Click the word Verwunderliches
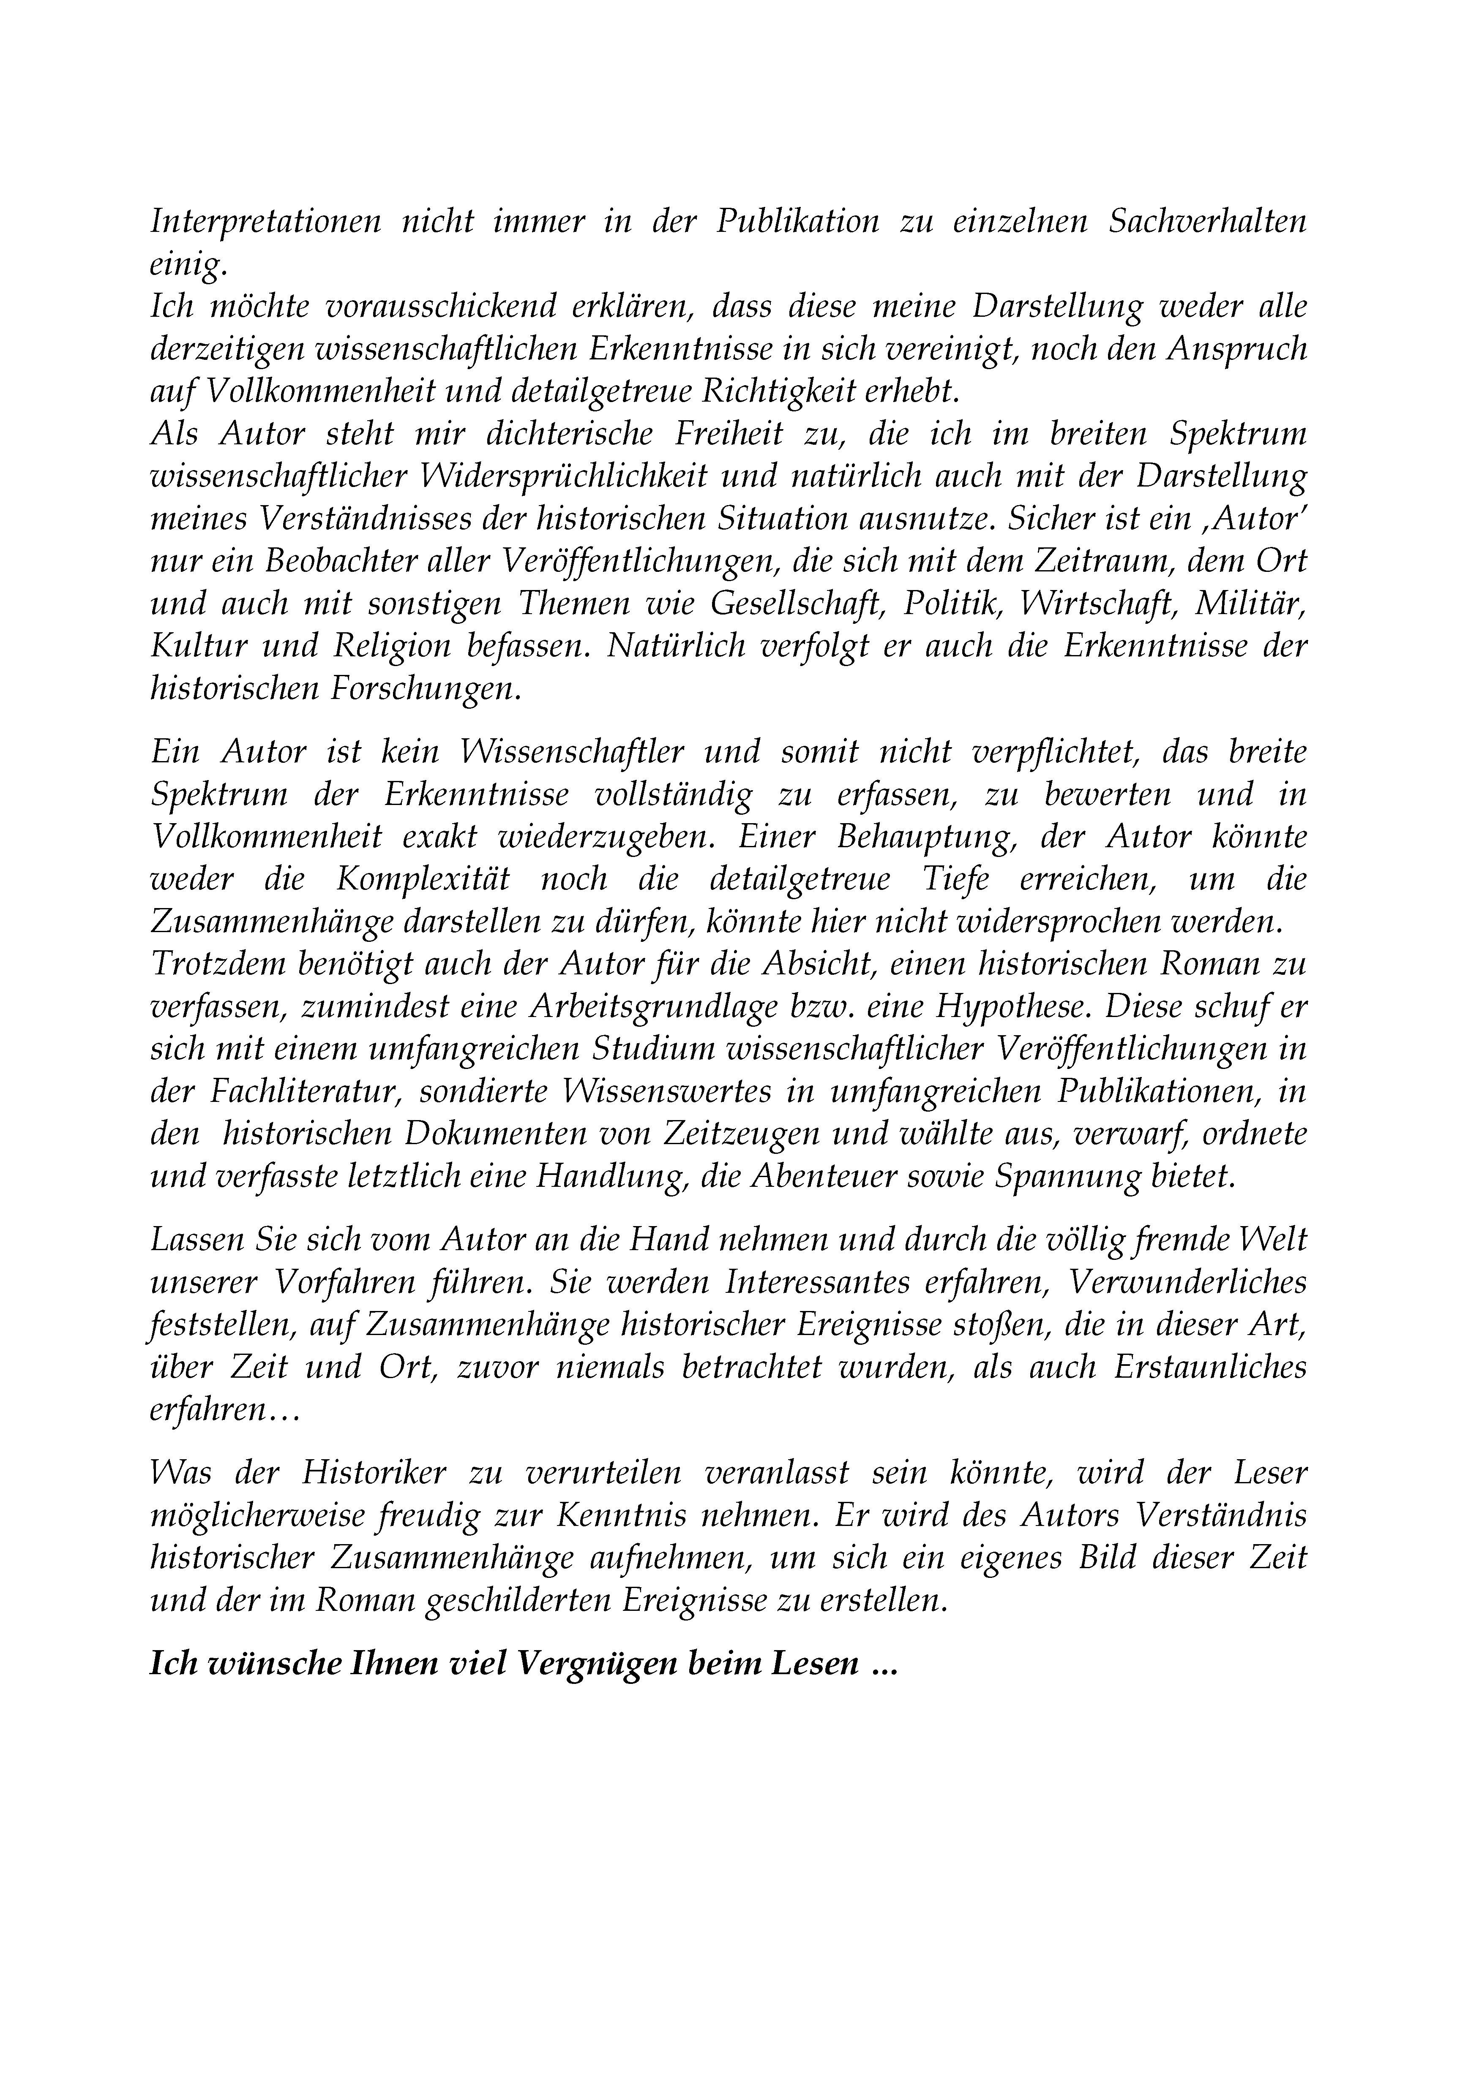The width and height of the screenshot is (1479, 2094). [1186, 1283]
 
